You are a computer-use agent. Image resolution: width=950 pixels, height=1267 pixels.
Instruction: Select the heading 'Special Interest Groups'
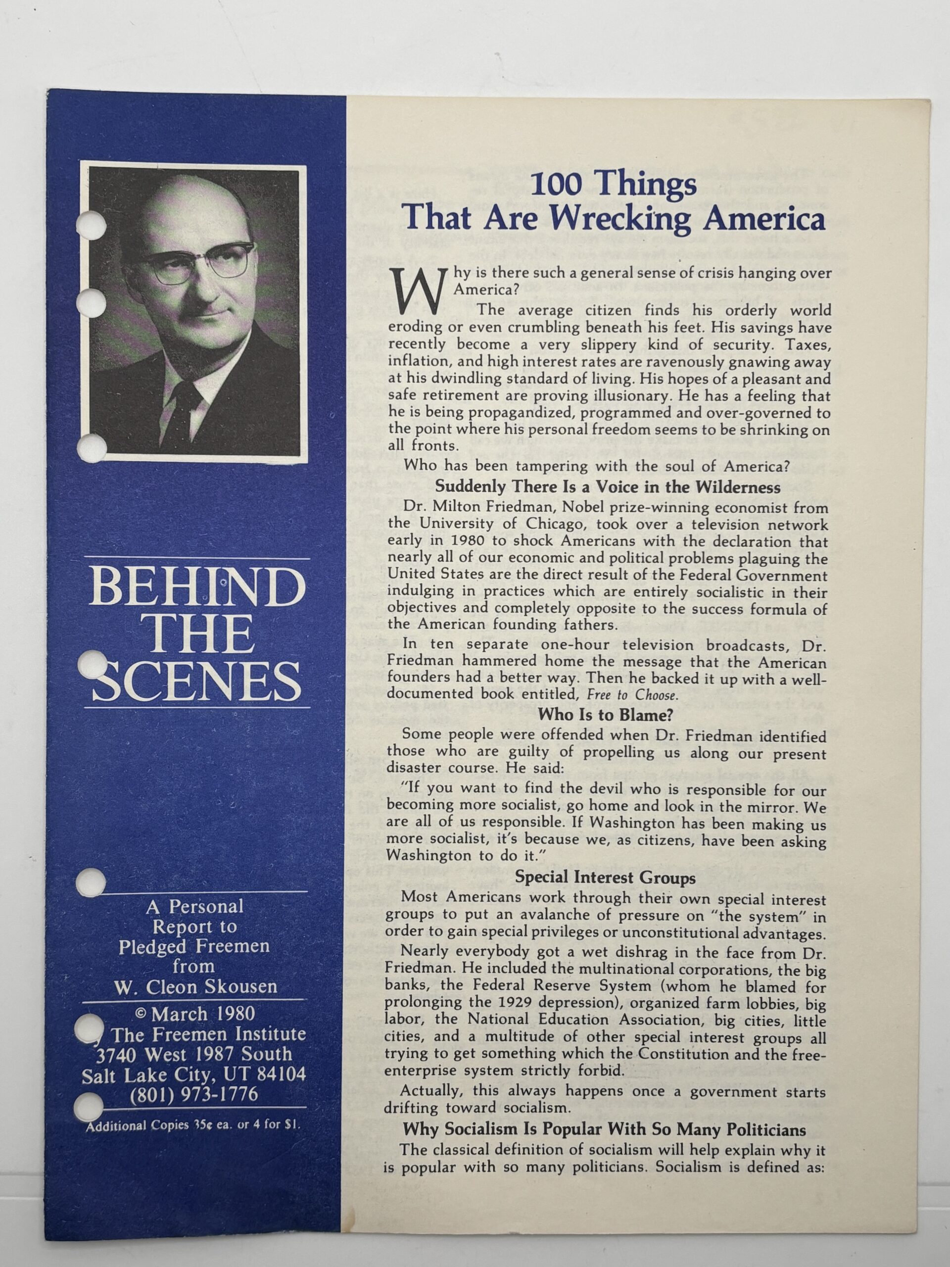(605, 877)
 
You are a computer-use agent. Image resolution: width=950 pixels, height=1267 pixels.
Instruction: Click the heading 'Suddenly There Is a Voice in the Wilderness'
(608, 487)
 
